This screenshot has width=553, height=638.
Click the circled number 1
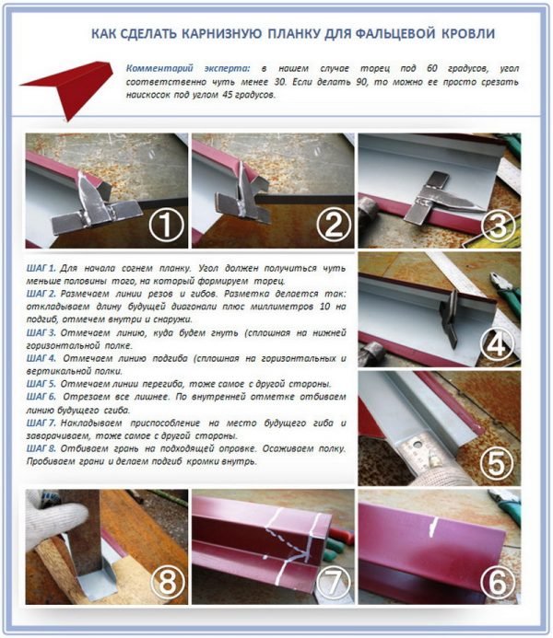[166, 226]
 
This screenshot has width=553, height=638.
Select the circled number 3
[498, 226]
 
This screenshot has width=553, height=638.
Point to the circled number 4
[496, 345]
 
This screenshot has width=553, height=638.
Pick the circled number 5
[496, 463]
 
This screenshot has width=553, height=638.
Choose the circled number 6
[497, 582]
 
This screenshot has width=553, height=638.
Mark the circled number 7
[333, 582]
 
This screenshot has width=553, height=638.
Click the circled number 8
[168, 582]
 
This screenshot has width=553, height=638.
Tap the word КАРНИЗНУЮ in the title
[221, 34]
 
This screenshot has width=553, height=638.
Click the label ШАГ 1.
[41, 269]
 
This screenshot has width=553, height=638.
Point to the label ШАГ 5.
[41, 384]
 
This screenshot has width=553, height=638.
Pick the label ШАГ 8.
[41, 448]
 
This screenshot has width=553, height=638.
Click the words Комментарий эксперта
[188, 69]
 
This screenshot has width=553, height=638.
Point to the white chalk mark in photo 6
[432, 528]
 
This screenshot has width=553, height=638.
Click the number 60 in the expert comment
[432, 68]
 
